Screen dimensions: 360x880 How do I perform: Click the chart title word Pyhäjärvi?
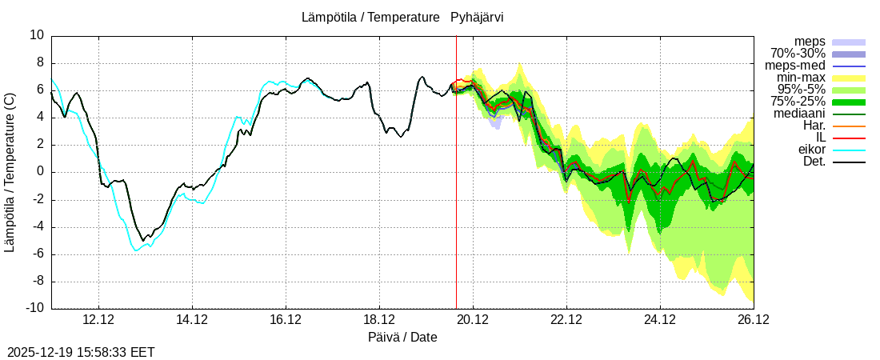477,17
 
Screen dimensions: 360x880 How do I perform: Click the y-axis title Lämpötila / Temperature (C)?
10,172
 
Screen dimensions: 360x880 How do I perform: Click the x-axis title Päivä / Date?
402,337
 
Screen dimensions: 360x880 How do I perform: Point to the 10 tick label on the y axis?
37,35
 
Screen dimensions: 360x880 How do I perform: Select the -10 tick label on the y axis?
34,309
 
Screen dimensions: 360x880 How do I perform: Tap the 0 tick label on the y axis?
40,172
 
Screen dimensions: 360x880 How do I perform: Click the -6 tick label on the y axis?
38,254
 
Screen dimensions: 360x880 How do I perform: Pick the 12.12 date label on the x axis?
98,319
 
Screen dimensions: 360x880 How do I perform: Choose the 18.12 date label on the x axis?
379,319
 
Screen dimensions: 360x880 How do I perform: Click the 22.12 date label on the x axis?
566,319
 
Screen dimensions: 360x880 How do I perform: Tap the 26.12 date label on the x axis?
754,319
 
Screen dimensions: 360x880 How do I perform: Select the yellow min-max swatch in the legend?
849,78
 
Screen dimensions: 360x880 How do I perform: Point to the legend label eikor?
811,150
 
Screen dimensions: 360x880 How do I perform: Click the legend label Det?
814,162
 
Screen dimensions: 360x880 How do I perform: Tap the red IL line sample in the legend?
849,138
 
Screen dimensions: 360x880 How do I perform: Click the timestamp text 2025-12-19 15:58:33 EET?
81,352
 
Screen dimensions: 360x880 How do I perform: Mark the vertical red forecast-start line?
456,200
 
